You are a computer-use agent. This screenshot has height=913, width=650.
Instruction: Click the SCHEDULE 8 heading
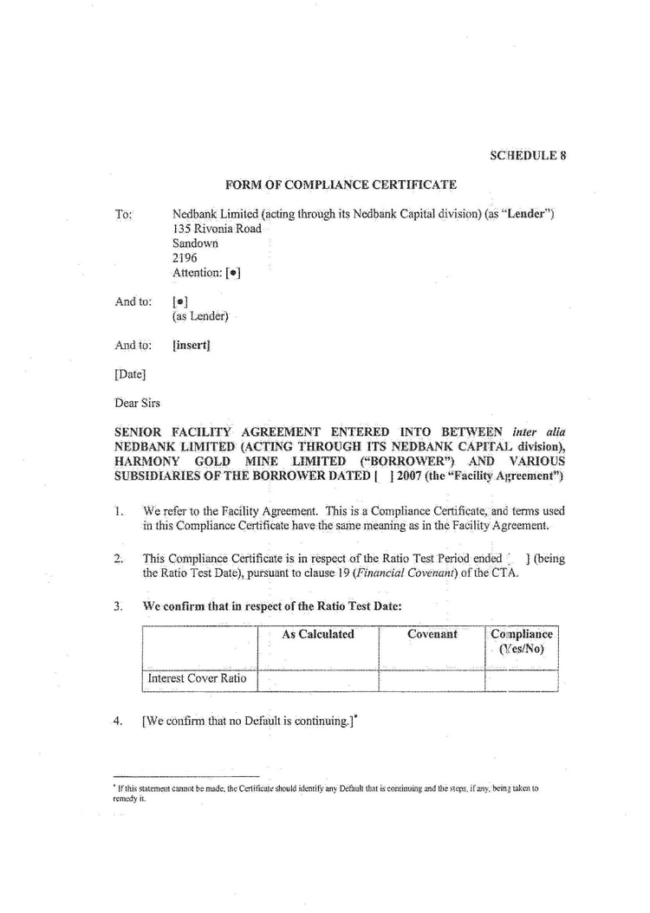(528, 156)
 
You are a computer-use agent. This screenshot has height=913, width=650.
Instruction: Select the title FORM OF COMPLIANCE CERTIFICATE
(341, 185)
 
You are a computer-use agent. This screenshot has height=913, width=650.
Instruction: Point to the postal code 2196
(185, 258)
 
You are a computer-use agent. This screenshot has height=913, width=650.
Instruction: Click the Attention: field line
(206, 273)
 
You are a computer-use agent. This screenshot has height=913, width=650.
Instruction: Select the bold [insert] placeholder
(192, 345)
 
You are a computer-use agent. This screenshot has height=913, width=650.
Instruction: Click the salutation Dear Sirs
(137, 403)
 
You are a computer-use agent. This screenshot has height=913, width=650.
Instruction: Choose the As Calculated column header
(318, 634)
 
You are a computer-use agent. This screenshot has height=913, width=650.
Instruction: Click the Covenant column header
(432, 634)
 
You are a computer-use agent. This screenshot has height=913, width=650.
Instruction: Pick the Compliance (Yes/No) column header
(521, 642)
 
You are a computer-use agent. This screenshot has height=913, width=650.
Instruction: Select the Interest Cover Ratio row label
(198, 678)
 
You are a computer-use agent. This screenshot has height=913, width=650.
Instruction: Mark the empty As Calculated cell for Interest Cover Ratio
(318, 679)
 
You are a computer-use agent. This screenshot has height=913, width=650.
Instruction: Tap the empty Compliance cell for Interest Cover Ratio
(521, 679)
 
